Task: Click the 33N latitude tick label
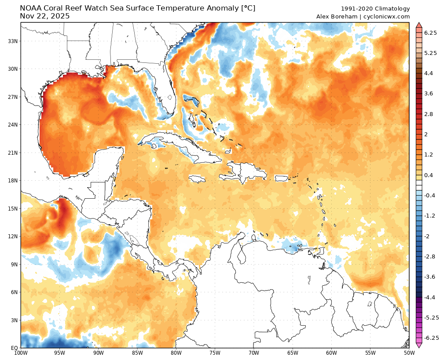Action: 12,41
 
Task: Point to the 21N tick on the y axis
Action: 12,153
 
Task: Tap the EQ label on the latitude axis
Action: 14,348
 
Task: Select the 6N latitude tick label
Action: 14,292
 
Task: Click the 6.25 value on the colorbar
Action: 431,33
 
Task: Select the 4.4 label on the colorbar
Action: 428,73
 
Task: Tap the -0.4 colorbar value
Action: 429,195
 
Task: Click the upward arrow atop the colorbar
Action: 419,25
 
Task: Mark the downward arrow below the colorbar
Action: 419,345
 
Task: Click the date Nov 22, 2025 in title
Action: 45,16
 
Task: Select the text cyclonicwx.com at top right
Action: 389,17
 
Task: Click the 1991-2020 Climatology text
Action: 375,9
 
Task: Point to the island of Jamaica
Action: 198,179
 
